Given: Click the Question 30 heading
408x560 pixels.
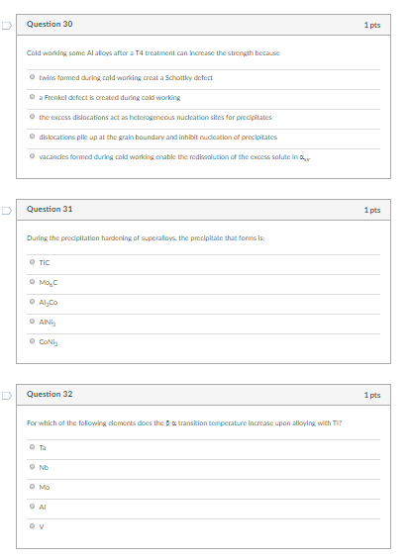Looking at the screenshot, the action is click(50, 23).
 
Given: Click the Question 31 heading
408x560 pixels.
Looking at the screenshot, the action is click(50, 209).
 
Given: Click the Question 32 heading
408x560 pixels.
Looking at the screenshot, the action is click(50, 395).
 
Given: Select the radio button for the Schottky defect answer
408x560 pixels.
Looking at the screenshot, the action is click(32, 77).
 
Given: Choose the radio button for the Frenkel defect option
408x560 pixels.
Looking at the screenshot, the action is click(32, 97).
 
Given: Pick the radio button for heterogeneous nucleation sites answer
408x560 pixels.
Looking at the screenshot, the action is click(32, 117).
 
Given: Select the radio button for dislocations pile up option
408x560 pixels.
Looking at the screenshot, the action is click(32, 136).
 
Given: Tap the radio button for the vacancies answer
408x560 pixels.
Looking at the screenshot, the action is click(32, 155).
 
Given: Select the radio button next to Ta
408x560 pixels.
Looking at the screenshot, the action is click(32, 448).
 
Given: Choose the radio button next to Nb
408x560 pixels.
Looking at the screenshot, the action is click(32, 468).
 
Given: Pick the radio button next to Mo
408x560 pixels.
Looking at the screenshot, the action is click(32, 488).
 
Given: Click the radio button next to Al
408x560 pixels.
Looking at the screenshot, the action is click(32, 507).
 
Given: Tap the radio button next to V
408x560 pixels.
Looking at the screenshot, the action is click(32, 526).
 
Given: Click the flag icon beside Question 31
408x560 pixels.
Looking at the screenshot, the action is click(8, 209).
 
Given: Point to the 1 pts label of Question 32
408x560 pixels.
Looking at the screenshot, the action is click(372, 395).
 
